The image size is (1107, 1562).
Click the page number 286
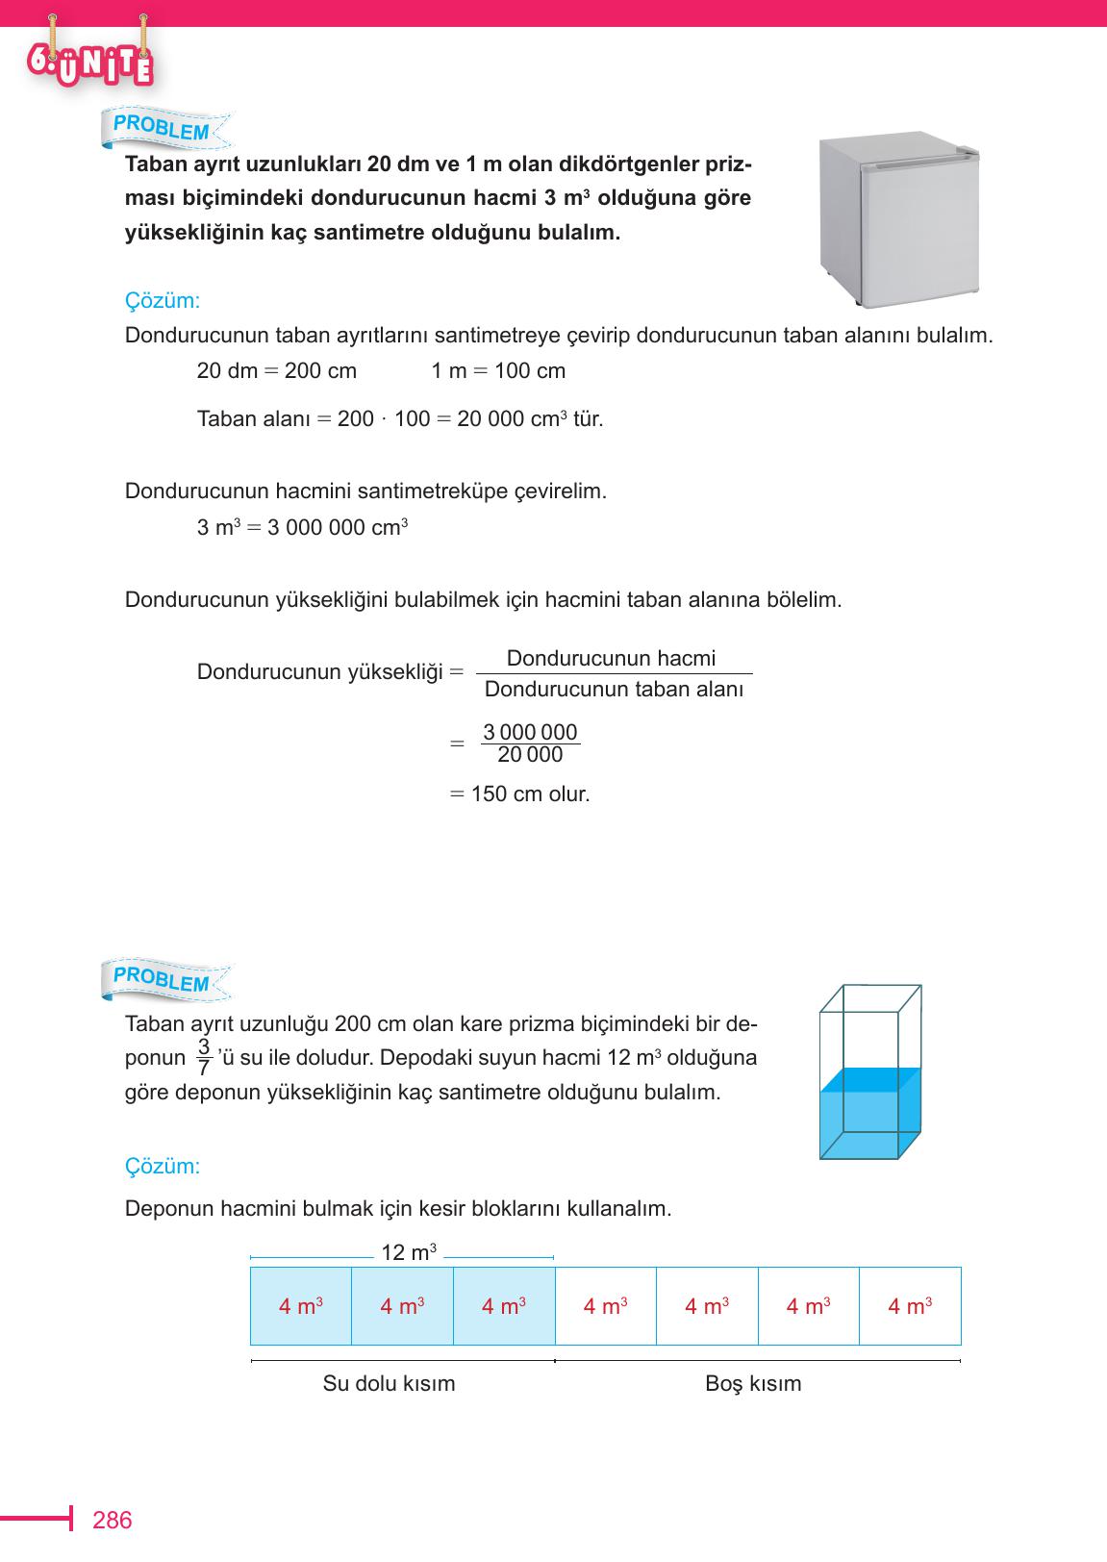click(112, 1521)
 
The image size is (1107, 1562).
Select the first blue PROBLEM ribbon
click(162, 127)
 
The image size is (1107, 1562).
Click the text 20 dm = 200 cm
click(276, 371)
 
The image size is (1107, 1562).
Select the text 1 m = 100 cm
click(497, 371)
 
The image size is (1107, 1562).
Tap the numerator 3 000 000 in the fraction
click(530, 732)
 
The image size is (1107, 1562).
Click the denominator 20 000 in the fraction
click(530, 755)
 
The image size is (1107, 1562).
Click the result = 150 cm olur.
click(520, 794)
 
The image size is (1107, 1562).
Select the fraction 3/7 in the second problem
click(203, 1057)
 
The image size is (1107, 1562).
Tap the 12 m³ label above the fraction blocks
click(409, 1252)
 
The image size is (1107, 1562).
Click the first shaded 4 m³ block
click(300, 1306)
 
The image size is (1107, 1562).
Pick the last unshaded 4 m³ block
click(909, 1306)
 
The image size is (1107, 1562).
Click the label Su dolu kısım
click(389, 1384)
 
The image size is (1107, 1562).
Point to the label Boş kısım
click(752, 1384)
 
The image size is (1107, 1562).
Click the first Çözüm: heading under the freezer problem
click(163, 301)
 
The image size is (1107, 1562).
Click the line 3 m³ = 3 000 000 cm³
click(302, 528)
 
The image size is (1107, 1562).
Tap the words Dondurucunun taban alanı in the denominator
click(614, 690)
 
